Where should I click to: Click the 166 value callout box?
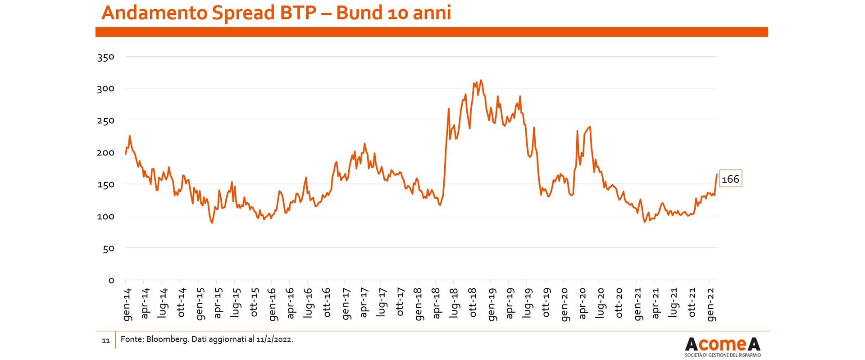pyautogui.click(x=730, y=179)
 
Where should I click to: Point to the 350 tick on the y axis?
pyautogui.click(x=106, y=57)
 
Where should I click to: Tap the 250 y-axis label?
pyautogui.click(x=106, y=121)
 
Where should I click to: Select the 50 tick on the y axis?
pyautogui.click(x=109, y=248)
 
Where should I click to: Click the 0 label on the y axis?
pyautogui.click(x=112, y=280)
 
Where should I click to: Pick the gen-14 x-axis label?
pyautogui.click(x=127, y=305)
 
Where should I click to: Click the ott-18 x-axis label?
pyautogui.click(x=473, y=302)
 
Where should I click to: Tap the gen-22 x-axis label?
pyautogui.click(x=711, y=305)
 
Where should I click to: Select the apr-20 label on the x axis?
pyautogui.click(x=583, y=303)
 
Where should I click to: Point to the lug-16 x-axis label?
pyautogui.click(x=309, y=302)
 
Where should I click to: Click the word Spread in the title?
pyautogui.click(x=243, y=13)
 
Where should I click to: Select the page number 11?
pyautogui.click(x=106, y=341)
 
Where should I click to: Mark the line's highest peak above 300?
pyautogui.click(x=481, y=81)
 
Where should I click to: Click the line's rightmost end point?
pyautogui.click(x=717, y=174)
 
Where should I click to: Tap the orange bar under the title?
pyautogui.click(x=432, y=32)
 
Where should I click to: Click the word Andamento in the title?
pyautogui.click(x=155, y=12)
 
